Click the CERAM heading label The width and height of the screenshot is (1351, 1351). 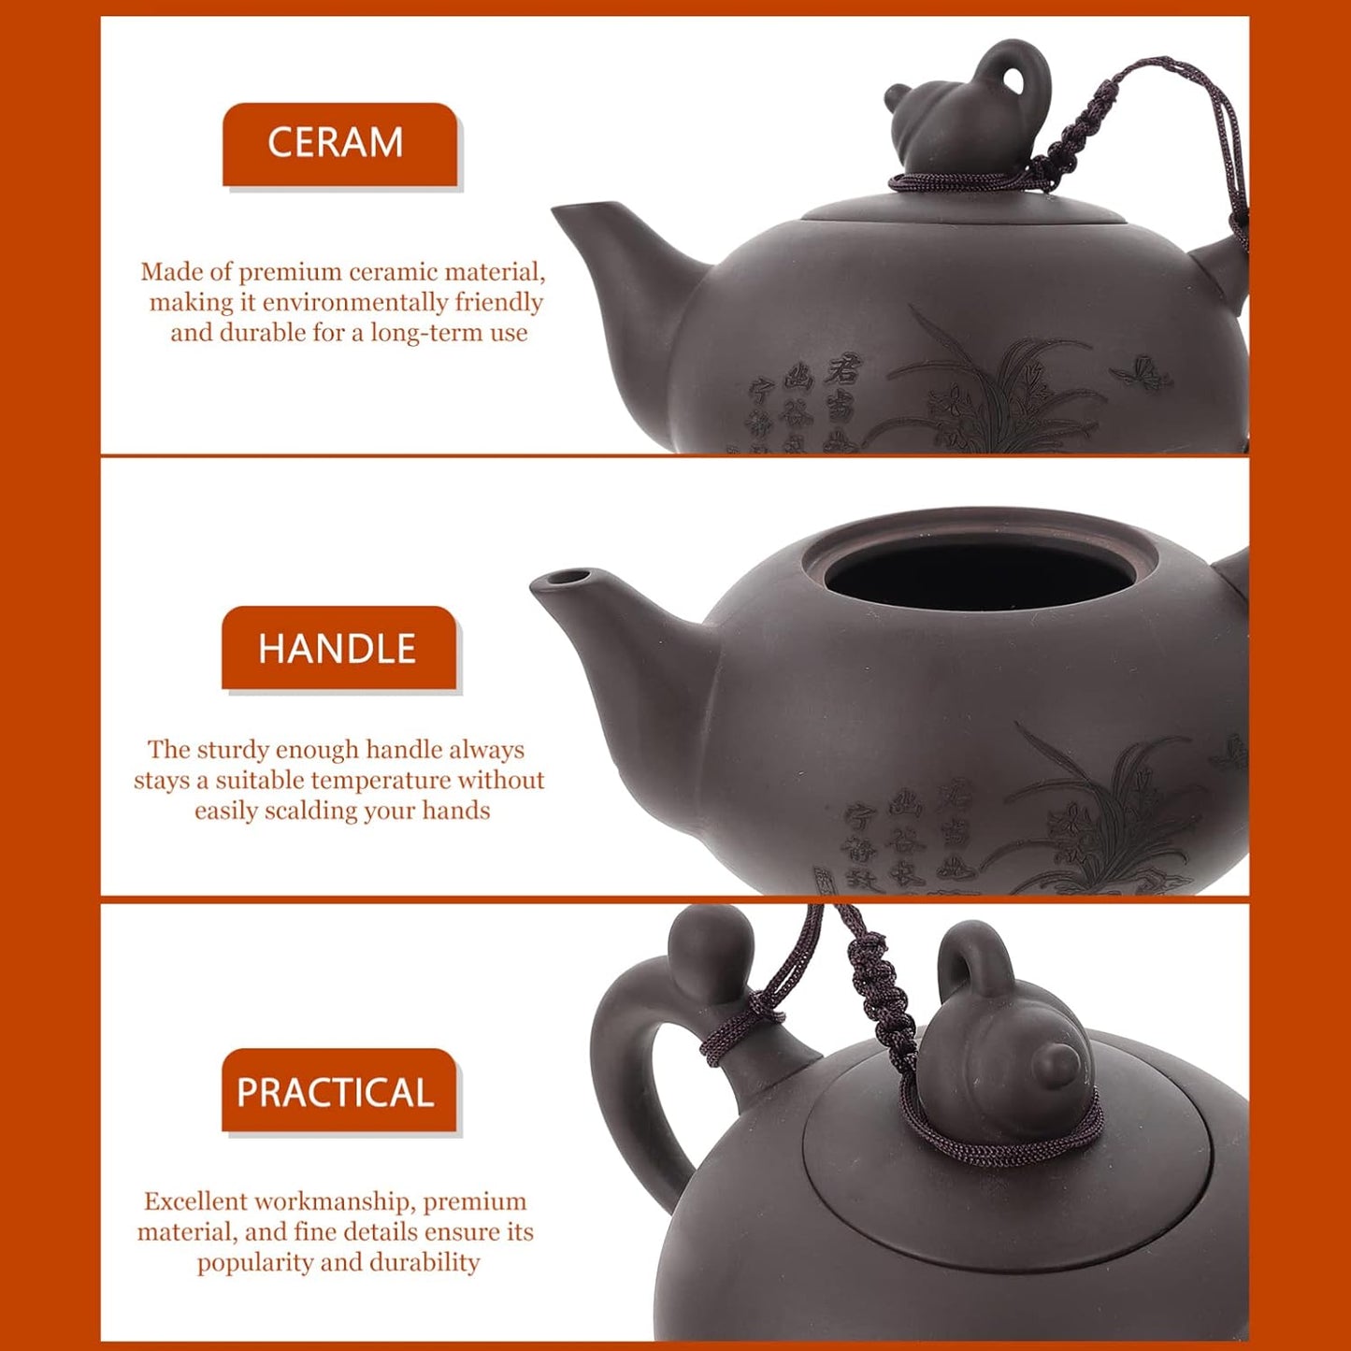pyautogui.click(x=338, y=143)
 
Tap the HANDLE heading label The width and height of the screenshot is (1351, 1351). pyautogui.click(x=338, y=649)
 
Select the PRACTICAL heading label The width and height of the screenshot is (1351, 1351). pyautogui.click(x=337, y=1092)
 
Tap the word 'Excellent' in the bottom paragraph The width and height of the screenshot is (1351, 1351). pyautogui.click(x=194, y=1201)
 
